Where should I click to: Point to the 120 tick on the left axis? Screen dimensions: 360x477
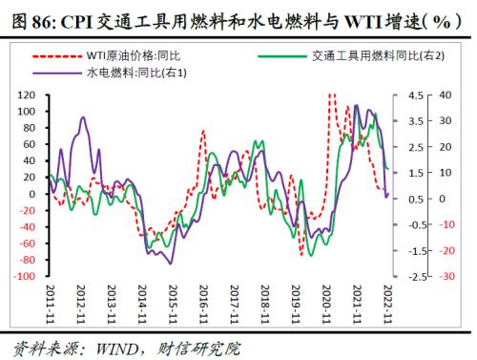pos(27,96)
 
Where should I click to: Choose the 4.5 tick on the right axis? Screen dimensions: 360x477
pos(418,96)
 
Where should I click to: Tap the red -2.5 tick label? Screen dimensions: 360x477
pos(417,276)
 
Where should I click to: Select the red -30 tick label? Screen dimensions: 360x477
pos(445,276)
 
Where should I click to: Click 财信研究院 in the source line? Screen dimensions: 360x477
pos(195,348)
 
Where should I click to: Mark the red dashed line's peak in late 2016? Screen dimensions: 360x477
pos(204,132)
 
